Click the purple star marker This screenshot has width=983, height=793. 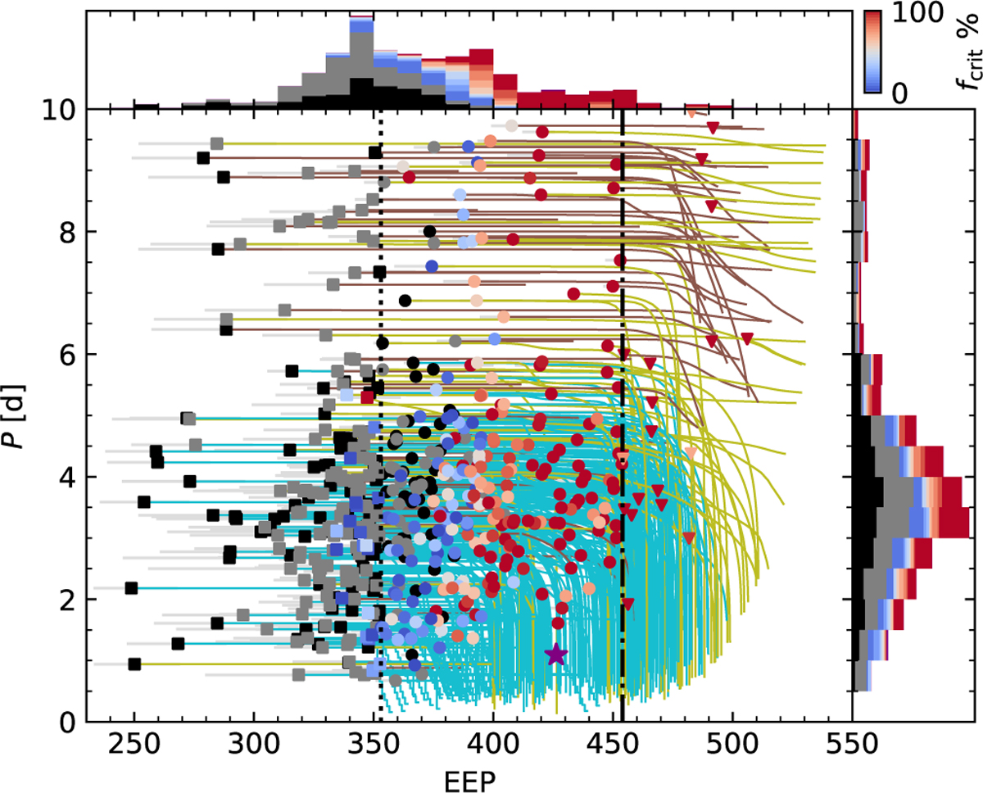556,655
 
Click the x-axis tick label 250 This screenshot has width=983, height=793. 134,745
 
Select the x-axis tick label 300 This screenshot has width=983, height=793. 253,745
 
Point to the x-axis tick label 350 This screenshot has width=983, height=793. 374,745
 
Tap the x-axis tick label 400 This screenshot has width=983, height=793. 493,745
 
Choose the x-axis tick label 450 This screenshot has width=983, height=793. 613,745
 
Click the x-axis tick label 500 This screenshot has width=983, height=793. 732,745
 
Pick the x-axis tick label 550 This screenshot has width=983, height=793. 853,745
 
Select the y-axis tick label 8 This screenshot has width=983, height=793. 66,232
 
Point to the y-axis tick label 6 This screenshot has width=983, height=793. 66,355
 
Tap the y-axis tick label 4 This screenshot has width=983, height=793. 66,477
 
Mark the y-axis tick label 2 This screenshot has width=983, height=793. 66,600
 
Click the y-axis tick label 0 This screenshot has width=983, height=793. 66,722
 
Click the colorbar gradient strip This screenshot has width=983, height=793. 872,52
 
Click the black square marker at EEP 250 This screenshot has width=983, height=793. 134,664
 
